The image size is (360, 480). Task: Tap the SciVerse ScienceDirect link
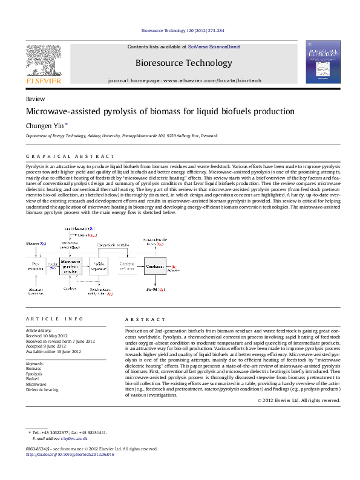coord(214,47)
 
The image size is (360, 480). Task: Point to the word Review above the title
coord(35,98)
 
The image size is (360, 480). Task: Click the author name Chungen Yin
coord(44,125)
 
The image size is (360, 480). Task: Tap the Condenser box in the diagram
coord(155,266)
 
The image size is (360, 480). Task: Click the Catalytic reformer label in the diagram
coord(127,266)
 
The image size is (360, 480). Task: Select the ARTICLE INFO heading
coord(54,319)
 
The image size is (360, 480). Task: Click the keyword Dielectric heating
coord(42,390)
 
